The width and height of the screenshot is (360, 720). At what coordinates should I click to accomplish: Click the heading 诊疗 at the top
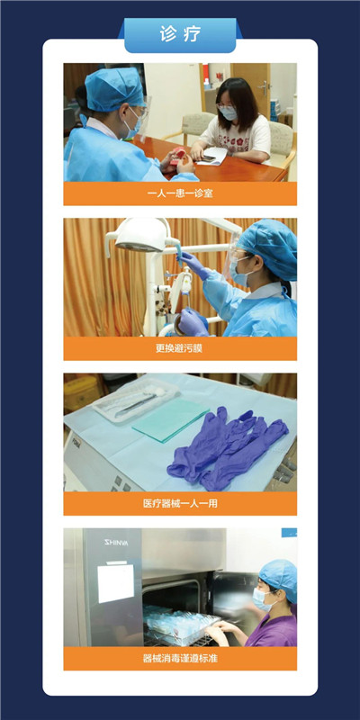pos(180,35)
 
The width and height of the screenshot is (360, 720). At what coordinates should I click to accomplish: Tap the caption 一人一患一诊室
pos(180,193)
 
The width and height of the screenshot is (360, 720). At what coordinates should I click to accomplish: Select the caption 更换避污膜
pos(180,348)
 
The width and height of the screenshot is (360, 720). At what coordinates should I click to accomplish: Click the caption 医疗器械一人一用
pos(180,504)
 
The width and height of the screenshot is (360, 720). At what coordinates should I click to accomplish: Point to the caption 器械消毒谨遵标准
pos(180,659)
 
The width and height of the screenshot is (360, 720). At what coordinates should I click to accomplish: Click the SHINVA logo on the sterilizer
pos(116,543)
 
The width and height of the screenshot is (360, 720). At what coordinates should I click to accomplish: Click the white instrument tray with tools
pos(135,397)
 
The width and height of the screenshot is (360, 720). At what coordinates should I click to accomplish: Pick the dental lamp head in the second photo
pos(141,236)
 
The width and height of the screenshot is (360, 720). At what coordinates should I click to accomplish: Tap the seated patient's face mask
pos(229,112)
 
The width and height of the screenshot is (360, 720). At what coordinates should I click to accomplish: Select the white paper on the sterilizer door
pos(116,582)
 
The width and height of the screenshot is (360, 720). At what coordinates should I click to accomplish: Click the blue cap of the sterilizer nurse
pos(278,573)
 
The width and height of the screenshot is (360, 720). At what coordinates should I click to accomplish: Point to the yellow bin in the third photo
pos(80,393)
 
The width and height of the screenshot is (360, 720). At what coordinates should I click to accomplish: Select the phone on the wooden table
pos(208,158)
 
